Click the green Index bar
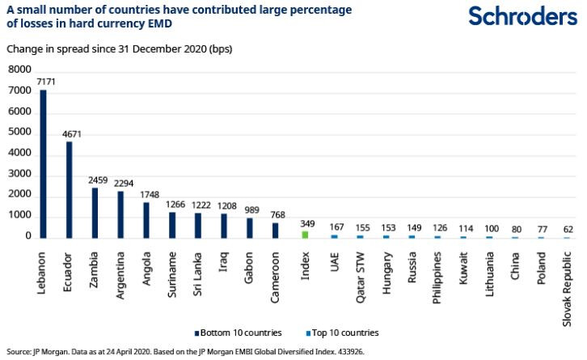[305, 234]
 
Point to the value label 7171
[44, 83]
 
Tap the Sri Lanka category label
[198, 275]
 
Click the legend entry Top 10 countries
[344, 332]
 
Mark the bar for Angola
[146, 219]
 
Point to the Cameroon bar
[276, 230]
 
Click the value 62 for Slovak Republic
[567, 230]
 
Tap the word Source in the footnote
[17, 352]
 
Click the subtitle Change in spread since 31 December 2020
[119, 49]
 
